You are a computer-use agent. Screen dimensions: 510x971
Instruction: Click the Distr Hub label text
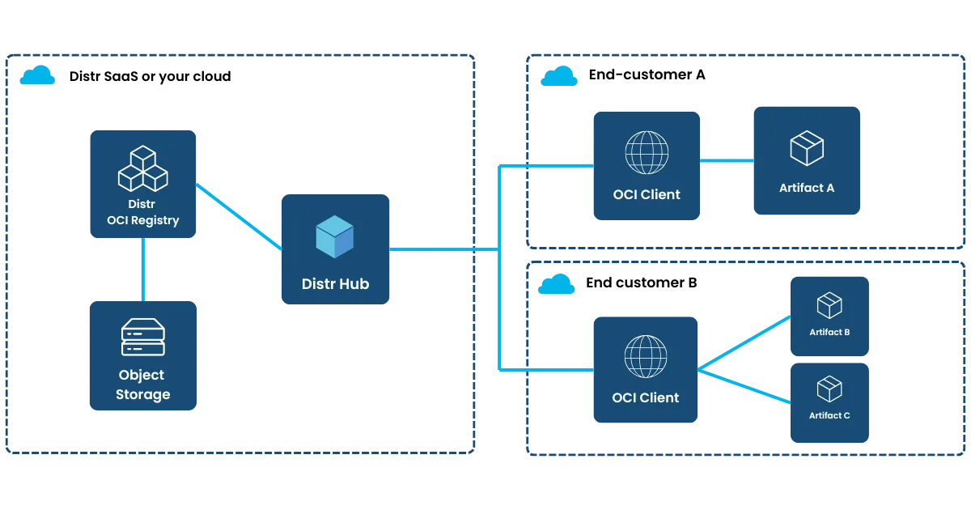(x=335, y=283)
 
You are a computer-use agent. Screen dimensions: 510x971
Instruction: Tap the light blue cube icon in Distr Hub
(x=335, y=237)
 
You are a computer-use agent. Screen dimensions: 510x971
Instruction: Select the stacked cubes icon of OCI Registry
(x=143, y=168)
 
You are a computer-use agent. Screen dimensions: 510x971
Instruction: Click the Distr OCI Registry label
(x=143, y=212)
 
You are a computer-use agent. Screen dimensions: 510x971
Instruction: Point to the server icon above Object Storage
(x=143, y=338)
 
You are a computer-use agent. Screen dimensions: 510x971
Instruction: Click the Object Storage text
(x=143, y=385)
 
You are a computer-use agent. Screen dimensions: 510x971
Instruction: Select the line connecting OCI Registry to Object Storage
(x=143, y=269)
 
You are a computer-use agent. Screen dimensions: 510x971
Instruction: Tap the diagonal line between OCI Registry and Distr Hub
(x=239, y=215)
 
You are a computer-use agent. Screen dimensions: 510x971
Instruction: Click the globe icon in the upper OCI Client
(x=647, y=151)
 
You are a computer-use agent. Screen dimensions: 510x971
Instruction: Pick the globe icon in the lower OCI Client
(x=646, y=355)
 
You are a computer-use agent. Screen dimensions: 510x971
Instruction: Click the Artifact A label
(x=806, y=188)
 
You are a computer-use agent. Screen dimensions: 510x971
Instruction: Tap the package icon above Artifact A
(x=806, y=148)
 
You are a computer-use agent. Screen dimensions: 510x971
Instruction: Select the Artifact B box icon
(x=829, y=305)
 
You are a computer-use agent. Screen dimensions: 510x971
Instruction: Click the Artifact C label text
(x=829, y=415)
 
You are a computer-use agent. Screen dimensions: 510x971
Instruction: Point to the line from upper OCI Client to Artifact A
(x=726, y=162)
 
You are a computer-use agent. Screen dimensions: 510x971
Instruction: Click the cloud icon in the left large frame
(x=37, y=78)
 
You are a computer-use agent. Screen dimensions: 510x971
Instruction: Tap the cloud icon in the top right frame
(x=559, y=77)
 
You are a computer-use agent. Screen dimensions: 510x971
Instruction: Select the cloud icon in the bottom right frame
(x=557, y=285)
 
